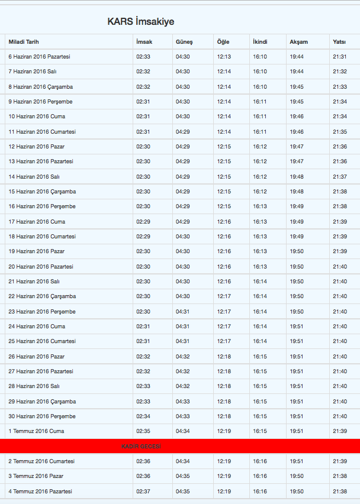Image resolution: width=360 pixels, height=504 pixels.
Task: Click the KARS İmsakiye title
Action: pos(141,21)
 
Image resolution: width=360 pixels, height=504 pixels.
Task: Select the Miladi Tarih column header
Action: pos(24,42)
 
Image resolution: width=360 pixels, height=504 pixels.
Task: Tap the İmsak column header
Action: pos(144,42)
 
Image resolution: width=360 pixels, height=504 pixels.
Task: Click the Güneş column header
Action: pos(184,42)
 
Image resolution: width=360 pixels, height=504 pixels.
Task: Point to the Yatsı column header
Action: pos(339,42)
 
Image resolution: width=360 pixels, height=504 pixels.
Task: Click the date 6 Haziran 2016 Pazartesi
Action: pos(39,57)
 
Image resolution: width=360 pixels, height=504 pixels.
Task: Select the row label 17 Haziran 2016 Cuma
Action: pos(37,222)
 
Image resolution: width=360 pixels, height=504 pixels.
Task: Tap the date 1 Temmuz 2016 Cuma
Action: pos(36,431)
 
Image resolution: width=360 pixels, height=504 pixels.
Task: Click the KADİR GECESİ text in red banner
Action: pos(141,446)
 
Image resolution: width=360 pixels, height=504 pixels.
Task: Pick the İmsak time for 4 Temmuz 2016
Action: pos(143,492)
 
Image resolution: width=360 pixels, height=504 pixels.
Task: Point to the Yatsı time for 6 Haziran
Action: pos(340,57)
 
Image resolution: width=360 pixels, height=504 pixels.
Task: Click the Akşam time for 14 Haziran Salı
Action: pos(297,177)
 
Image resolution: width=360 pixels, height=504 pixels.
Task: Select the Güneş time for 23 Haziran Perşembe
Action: pos(183,312)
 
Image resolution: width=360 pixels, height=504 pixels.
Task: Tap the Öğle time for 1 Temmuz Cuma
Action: pos(224,431)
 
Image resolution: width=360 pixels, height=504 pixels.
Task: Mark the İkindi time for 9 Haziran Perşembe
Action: pos(260,102)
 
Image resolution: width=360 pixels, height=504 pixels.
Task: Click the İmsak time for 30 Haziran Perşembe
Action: pos(143,416)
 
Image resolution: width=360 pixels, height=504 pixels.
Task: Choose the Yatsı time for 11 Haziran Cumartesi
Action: pos(340,132)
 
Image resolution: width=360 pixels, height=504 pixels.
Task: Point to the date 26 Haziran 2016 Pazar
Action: pos(37,357)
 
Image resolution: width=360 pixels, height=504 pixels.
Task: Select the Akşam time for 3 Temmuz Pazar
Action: pos(297,476)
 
